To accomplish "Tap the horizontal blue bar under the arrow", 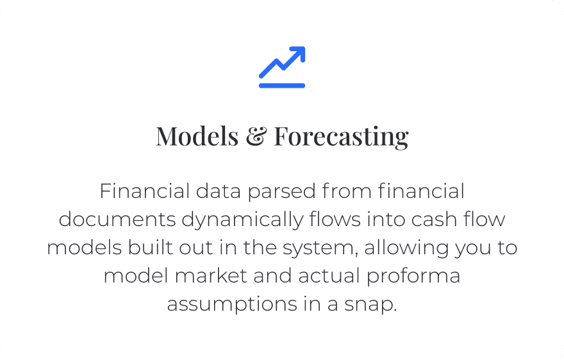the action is point(282,86).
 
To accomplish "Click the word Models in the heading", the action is point(197,136).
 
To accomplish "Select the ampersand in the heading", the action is point(256,136).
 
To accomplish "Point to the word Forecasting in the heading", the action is point(342,137).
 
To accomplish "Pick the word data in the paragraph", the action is point(219,191).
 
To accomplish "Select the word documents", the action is point(117,219).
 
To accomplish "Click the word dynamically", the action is point(242,221).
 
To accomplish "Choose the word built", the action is point(151,247).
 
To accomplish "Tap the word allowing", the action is point(406,249).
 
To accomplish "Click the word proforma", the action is point(413,277).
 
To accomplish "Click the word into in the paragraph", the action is point(386,219).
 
